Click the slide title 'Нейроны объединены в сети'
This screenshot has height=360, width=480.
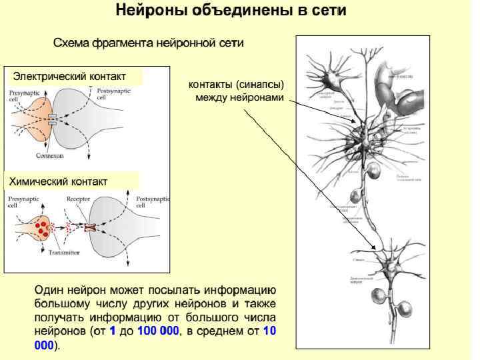[x=231, y=11]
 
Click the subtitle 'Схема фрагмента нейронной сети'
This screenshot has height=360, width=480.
[x=148, y=43]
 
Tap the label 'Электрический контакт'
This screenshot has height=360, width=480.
[x=69, y=76]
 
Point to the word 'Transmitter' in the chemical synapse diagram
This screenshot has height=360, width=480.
[x=64, y=253]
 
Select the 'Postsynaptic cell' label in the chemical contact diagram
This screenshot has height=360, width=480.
[x=153, y=202]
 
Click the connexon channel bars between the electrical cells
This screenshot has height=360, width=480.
[x=52, y=121]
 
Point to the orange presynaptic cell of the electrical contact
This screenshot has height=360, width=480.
[x=30, y=120]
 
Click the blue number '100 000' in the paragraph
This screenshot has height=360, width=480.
[x=158, y=331]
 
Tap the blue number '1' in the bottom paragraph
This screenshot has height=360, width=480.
[x=113, y=331]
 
